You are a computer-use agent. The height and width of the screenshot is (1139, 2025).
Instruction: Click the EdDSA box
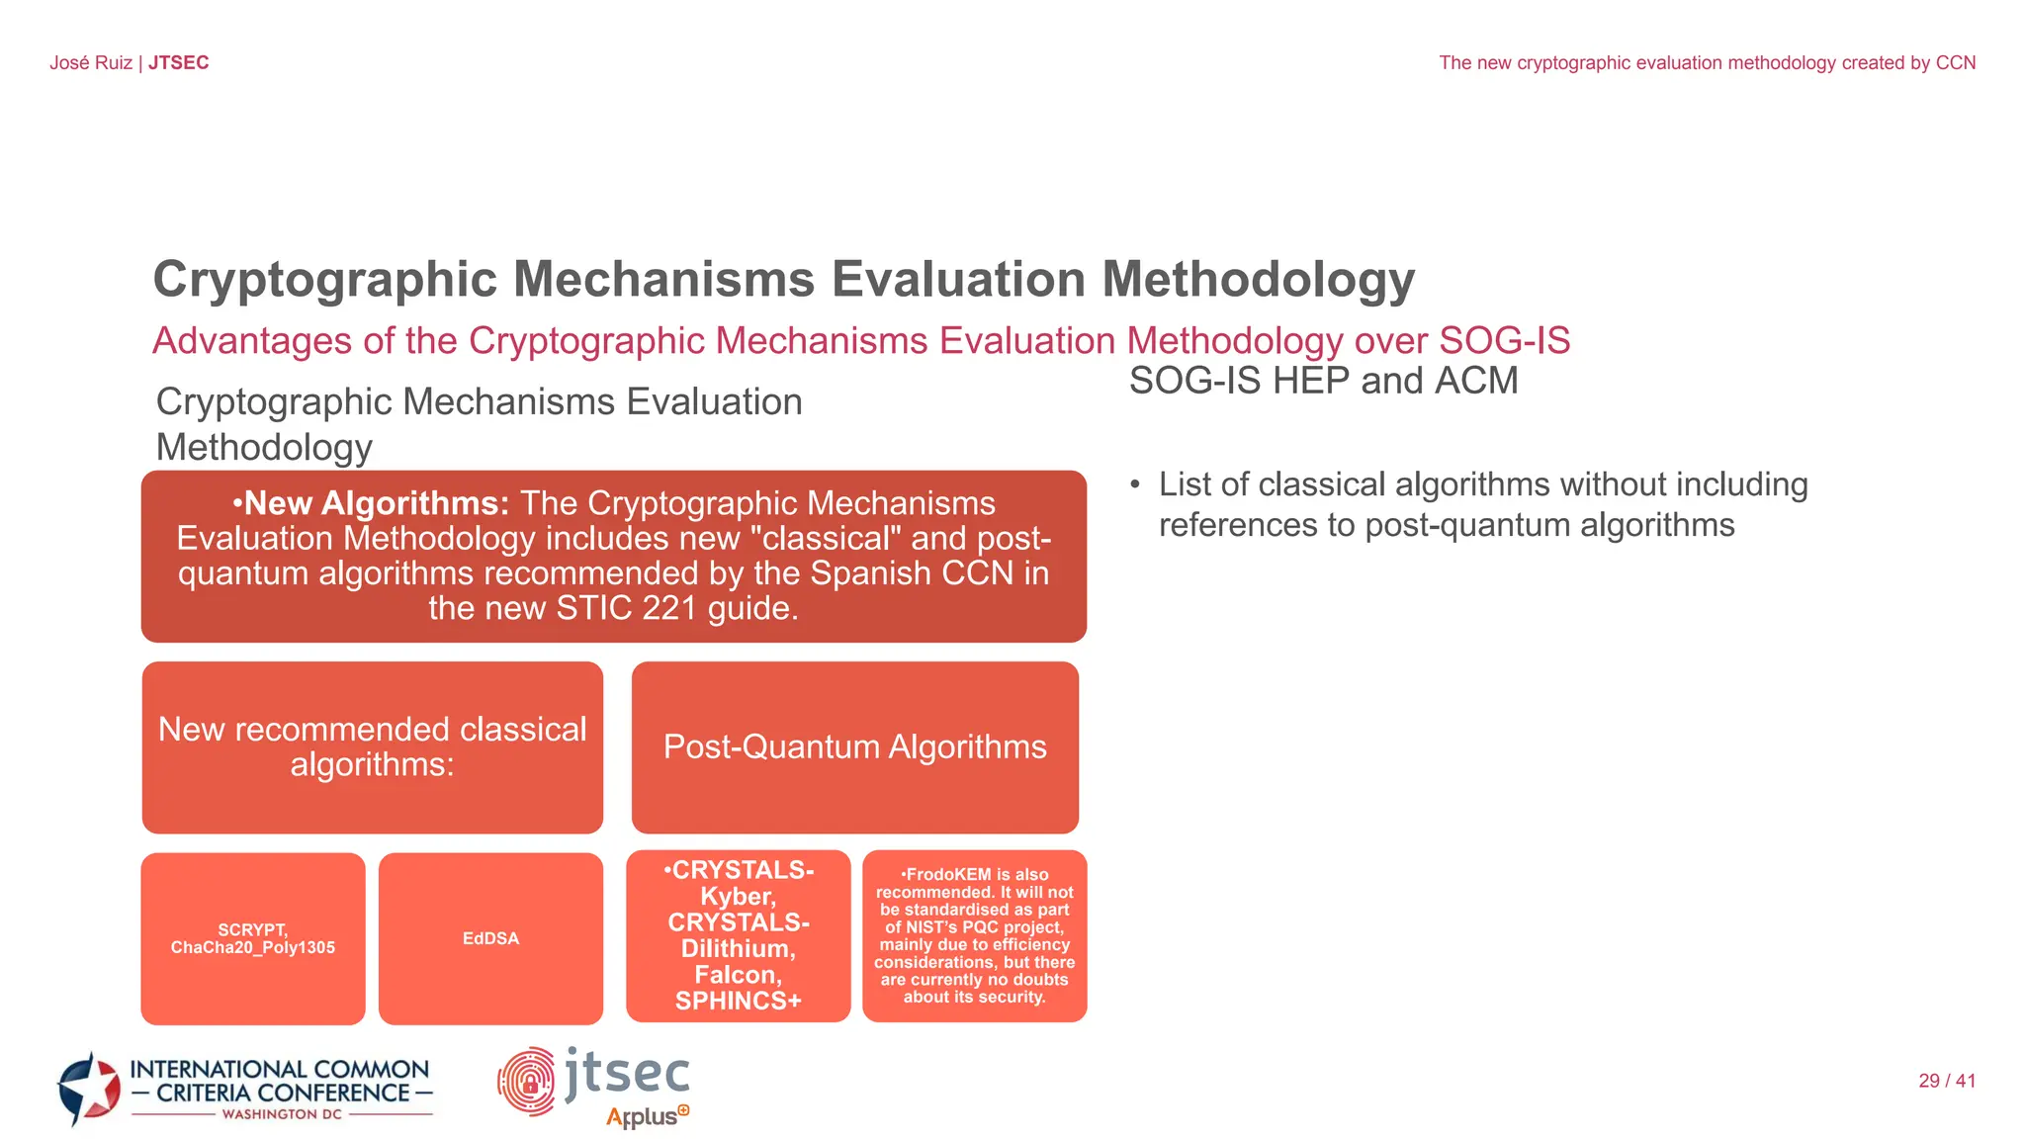(x=490, y=938)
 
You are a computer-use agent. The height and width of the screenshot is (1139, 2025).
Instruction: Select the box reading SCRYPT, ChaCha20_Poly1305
(x=253, y=938)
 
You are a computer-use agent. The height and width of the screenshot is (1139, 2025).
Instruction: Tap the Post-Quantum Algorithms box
(x=854, y=746)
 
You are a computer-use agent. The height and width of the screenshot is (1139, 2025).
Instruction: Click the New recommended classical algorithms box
(x=372, y=746)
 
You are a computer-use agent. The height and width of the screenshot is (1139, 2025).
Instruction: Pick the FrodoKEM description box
(x=974, y=935)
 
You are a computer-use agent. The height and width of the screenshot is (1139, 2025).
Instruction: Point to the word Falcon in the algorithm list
(x=738, y=975)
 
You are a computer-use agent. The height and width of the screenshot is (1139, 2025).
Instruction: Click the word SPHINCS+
(x=738, y=1001)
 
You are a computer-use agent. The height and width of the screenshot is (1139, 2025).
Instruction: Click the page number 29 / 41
(x=1946, y=1081)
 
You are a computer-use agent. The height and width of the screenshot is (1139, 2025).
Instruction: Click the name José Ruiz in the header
(x=91, y=63)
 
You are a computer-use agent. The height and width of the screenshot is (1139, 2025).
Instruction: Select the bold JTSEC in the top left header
(x=179, y=63)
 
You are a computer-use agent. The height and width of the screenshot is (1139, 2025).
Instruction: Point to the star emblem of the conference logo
(x=90, y=1089)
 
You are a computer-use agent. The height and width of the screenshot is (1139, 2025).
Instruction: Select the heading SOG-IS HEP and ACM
(x=1323, y=381)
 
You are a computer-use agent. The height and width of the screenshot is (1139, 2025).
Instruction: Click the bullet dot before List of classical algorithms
(x=1135, y=485)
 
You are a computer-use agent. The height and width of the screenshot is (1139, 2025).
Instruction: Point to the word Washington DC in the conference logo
(x=282, y=1114)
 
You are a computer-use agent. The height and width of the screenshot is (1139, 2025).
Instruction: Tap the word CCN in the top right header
(x=1955, y=63)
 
